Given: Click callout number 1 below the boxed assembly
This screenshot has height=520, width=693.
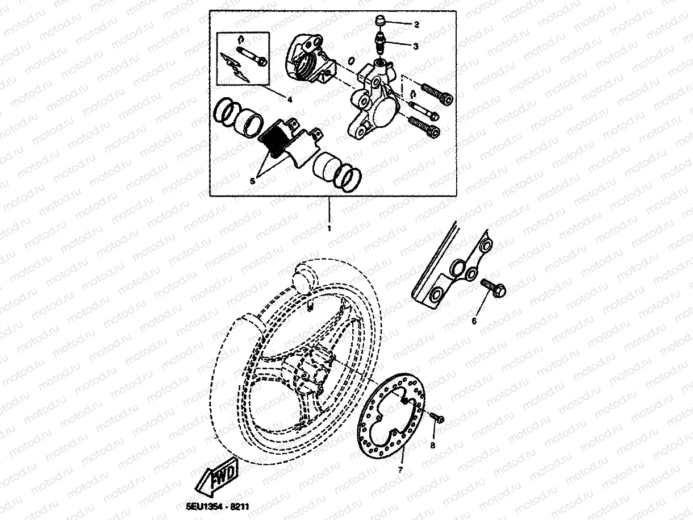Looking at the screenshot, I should click(328, 228).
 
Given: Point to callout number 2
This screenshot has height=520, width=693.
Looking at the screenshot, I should click(416, 24).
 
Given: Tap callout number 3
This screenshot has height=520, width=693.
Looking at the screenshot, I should click(416, 47).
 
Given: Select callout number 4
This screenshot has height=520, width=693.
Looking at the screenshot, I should click(289, 99).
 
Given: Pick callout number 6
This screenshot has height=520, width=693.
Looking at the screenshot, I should click(474, 321).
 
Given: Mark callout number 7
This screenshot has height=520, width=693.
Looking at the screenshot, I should click(400, 471).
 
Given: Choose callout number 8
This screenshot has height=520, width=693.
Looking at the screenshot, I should click(433, 446).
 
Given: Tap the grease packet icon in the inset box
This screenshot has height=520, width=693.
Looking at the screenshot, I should click(235, 68).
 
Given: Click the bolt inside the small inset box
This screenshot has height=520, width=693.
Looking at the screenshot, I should click(251, 56).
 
